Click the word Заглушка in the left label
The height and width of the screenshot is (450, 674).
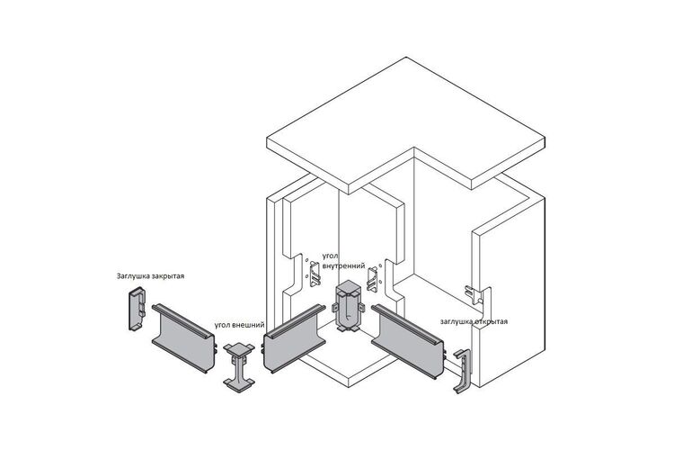(132, 276)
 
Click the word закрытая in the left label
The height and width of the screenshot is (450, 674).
(167, 276)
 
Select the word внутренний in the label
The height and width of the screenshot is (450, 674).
(343, 265)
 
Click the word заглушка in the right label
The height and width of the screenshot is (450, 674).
(456, 321)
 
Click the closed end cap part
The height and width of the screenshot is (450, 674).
(137, 309)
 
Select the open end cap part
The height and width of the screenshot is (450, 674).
(463, 370)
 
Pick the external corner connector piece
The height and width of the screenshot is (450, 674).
(239, 366)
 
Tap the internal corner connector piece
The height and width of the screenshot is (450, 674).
(348, 307)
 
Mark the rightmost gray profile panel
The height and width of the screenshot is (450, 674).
(406, 341)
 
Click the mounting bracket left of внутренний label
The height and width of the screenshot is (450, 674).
(315, 274)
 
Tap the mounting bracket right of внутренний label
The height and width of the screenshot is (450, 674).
(372, 280)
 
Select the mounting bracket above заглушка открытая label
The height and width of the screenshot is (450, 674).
(474, 295)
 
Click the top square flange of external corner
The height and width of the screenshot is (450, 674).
(239, 349)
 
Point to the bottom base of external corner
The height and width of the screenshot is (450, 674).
(239, 383)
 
